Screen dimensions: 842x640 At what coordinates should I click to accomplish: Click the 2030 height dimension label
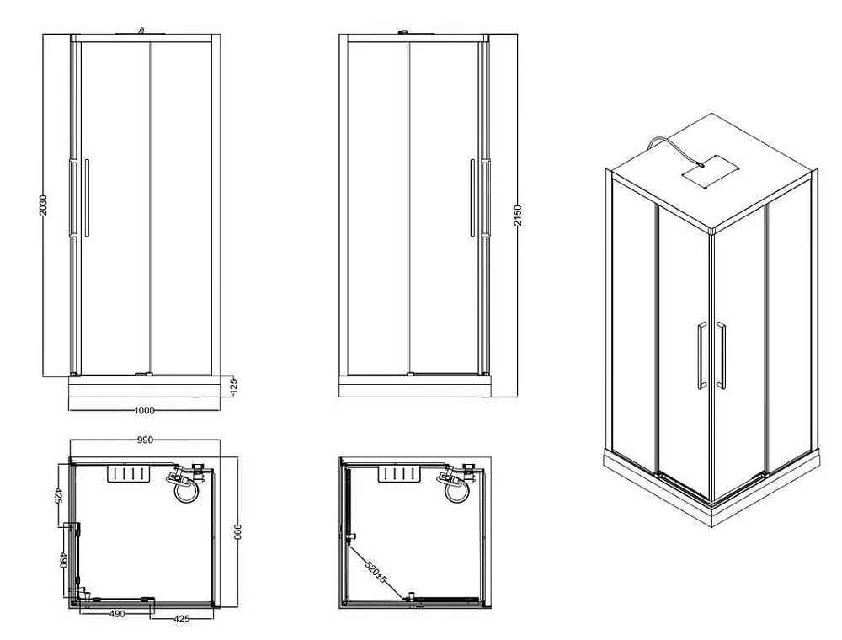pos(44,205)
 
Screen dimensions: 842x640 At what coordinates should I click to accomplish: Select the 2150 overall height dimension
pos(518,216)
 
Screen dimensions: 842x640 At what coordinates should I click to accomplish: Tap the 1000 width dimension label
pos(143,411)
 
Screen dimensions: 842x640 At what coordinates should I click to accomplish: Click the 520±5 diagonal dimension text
pos(376,573)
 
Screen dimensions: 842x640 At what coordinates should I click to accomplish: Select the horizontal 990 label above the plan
pos(145,440)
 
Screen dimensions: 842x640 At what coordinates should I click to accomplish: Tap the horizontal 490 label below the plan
pos(117,614)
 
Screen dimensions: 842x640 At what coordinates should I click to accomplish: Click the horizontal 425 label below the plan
pos(182,619)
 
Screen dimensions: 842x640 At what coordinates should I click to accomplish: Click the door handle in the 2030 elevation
pos(87,198)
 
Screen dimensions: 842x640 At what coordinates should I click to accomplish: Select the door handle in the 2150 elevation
pos(472,198)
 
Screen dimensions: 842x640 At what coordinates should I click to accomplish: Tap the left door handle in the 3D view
pos(701,355)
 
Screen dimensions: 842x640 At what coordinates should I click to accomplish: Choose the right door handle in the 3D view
pos(721,355)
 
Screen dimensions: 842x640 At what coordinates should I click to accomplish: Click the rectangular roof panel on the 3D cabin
pos(711,170)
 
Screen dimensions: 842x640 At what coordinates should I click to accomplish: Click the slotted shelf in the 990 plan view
pos(128,475)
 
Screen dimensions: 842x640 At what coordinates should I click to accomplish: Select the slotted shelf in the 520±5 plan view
pos(398,475)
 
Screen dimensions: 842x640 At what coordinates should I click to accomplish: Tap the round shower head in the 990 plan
pos(188,490)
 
